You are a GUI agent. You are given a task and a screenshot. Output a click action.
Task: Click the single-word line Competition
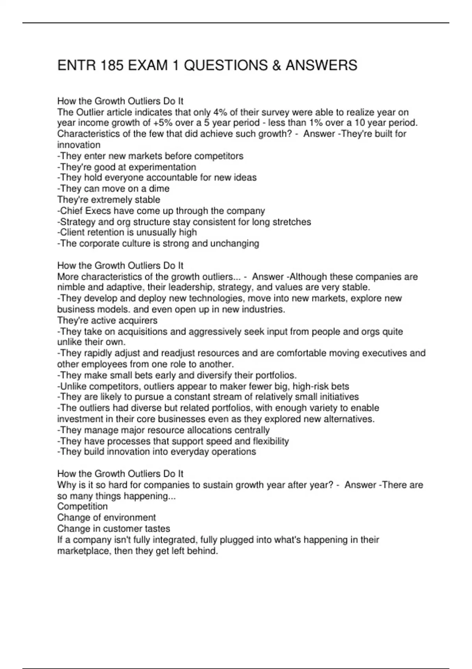coord(82,506)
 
